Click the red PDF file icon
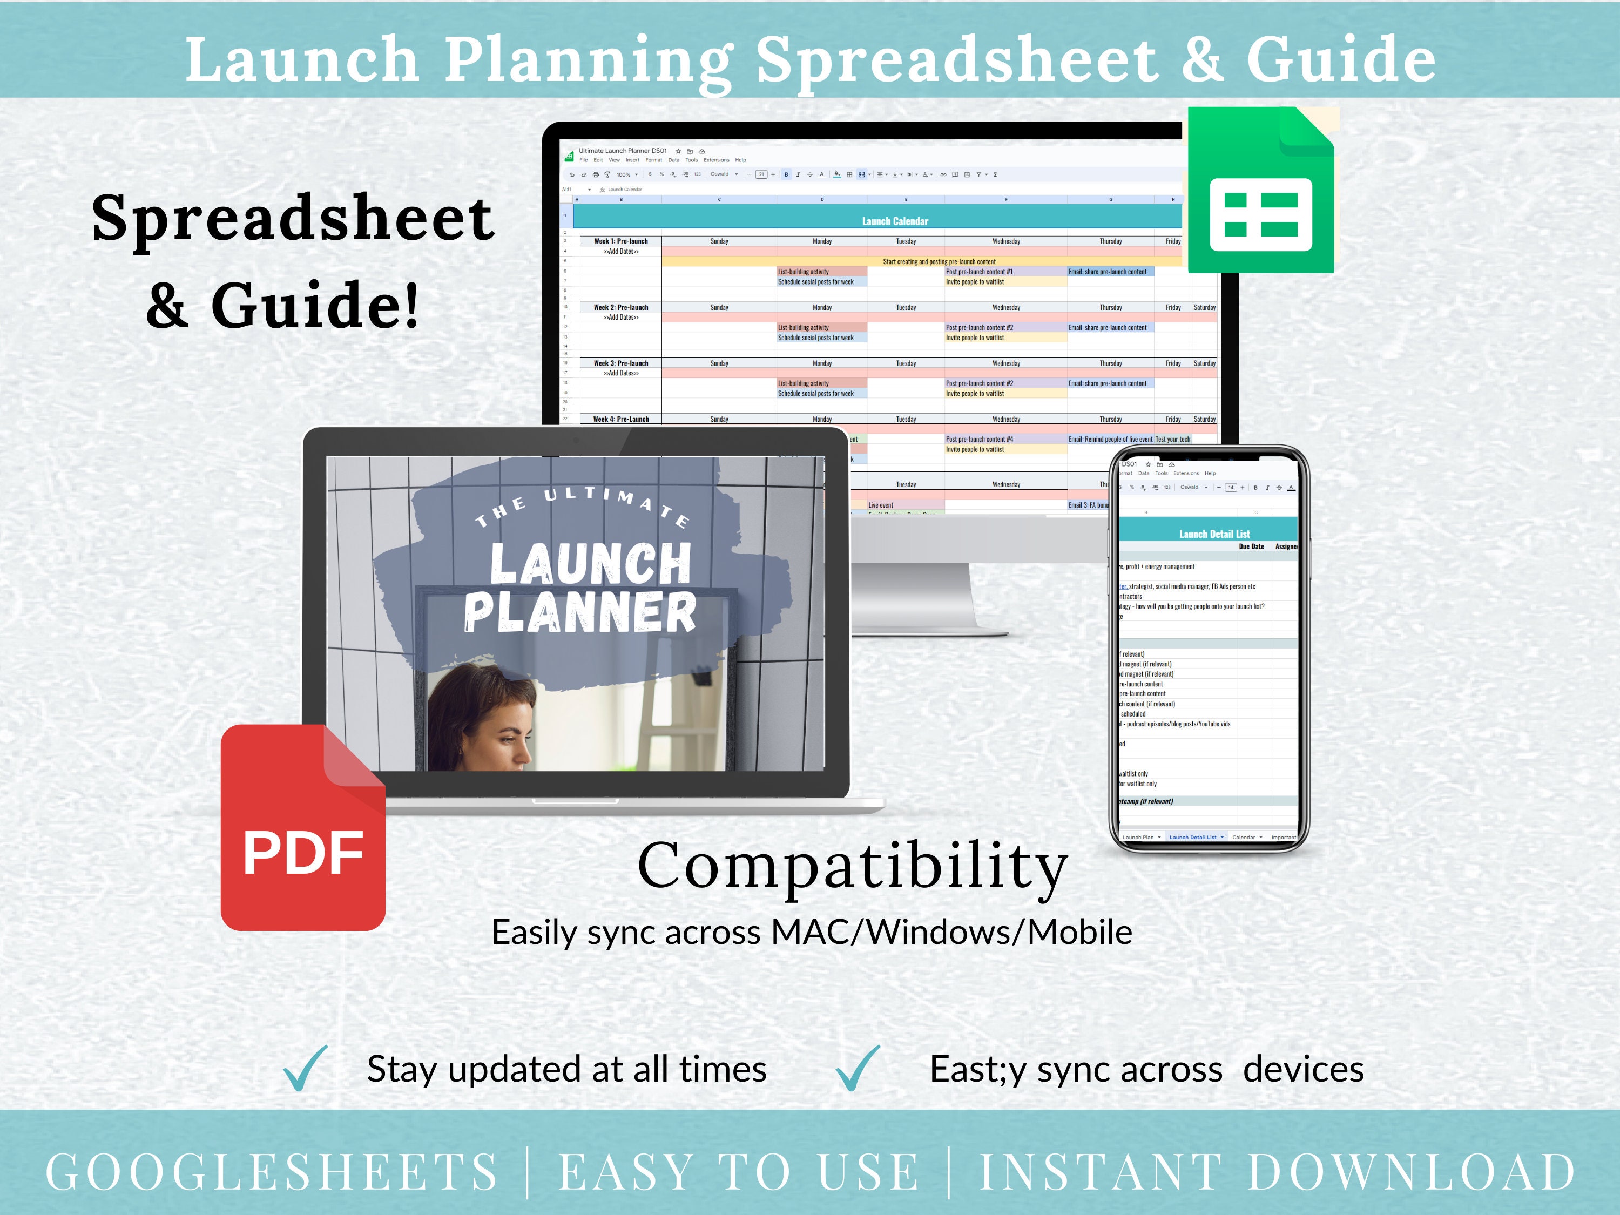pyautogui.click(x=302, y=828)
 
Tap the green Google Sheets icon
pyautogui.click(x=1260, y=191)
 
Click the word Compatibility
pyautogui.click(x=853, y=866)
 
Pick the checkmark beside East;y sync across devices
pyautogui.click(x=858, y=1069)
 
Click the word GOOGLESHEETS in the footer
pyautogui.click(x=272, y=1172)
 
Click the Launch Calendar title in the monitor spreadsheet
pyautogui.click(x=895, y=220)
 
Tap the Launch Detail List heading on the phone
pyautogui.click(x=1214, y=534)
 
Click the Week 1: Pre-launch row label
pyautogui.click(x=620, y=241)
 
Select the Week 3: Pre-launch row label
pyautogui.click(x=620, y=363)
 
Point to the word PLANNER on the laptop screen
pyautogui.click(x=579, y=612)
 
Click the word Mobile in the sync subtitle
pyautogui.click(x=1079, y=932)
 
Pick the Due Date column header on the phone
pyautogui.click(x=1251, y=546)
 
